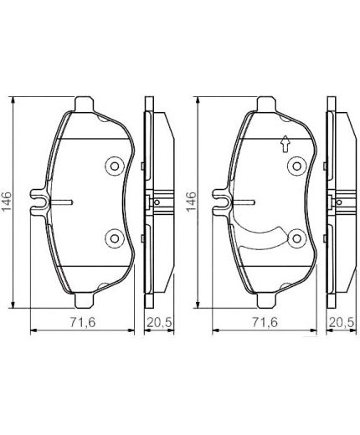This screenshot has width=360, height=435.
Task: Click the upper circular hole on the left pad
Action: [x=114, y=166]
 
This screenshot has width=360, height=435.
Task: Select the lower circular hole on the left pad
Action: [x=114, y=238]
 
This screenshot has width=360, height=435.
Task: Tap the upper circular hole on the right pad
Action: [x=296, y=166]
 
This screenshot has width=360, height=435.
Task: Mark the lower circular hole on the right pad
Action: [x=296, y=238]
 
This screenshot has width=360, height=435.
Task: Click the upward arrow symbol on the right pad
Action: [x=284, y=143]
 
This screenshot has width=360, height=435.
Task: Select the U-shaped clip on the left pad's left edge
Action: [x=39, y=202]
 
